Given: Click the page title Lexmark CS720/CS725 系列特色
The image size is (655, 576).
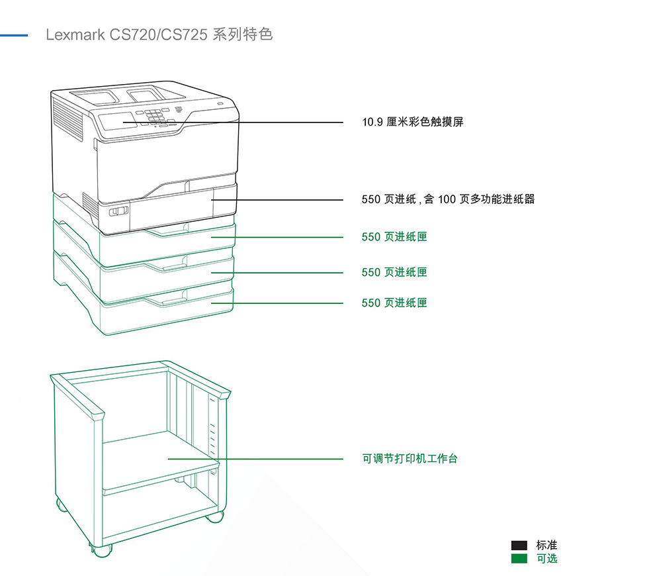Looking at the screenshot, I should (x=159, y=34).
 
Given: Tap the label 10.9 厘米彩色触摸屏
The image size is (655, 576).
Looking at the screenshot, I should (x=412, y=122).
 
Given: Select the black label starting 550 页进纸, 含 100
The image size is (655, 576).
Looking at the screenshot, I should (x=448, y=199).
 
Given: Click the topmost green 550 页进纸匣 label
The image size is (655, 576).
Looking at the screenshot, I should (x=394, y=237).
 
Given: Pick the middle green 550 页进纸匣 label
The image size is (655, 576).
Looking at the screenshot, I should (x=394, y=272).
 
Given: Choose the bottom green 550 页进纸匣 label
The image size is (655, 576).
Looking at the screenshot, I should (x=394, y=303).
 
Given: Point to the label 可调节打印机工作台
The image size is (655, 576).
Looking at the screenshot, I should (x=410, y=459).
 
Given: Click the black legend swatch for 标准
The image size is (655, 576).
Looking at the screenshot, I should (x=519, y=546).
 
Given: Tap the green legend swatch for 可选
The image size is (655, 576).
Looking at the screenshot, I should (x=519, y=559).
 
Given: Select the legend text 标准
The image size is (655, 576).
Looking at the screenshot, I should (x=546, y=546).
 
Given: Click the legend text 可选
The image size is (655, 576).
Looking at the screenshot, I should (x=546, y=559).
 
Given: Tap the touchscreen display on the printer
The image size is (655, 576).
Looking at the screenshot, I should (x=117, y=122).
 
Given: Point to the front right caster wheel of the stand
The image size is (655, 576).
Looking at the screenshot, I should (x=214, y=516).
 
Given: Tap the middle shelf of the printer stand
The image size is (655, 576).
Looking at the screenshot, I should (x=159, y=460).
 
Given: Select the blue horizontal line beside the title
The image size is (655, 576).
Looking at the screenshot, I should (x=14, y=34).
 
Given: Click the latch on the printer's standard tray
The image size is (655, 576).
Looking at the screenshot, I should (x=118, y=211).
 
